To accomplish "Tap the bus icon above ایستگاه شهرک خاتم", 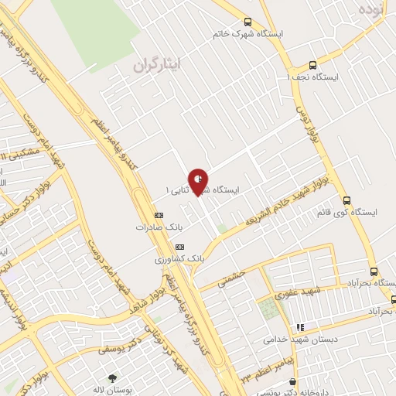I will click(x=247, y=22).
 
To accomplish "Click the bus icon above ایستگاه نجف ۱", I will click(x=312, y=65).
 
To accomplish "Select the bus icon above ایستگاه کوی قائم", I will click(x=346, y=199).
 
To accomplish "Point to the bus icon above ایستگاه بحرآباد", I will click(x=374, y=271).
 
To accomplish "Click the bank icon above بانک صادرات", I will click(x=159, y=215).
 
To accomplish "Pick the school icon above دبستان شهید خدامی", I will click(x=301, y=327).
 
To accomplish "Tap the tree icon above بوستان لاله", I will click(x=113, y=378).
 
